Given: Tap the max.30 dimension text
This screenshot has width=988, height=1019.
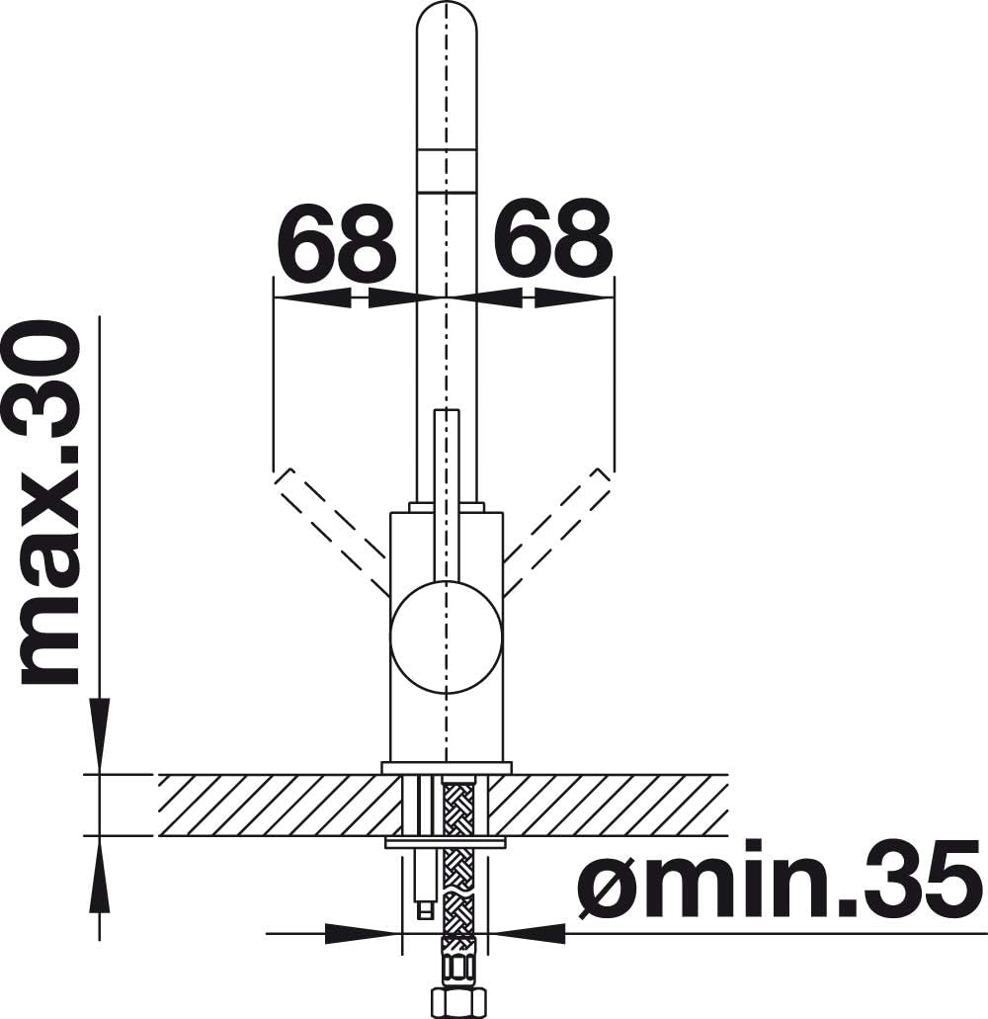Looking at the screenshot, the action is point(50,504).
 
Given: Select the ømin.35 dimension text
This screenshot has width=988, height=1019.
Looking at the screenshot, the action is point(779,878).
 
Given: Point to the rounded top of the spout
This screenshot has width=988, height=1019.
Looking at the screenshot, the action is point(447,26).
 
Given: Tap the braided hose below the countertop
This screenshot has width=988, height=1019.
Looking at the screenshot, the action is point(458,884).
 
